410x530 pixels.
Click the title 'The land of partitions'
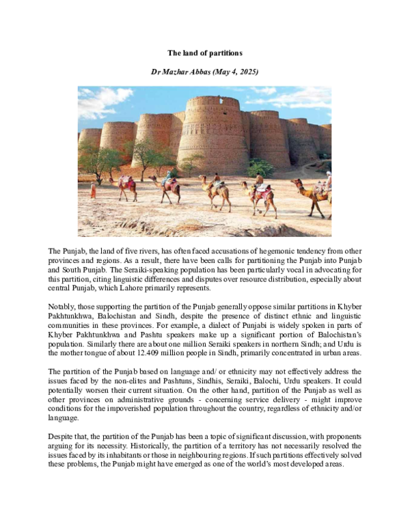[205, 53]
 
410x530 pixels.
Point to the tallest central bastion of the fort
[213, 133]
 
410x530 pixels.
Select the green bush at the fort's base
[260, 168]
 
